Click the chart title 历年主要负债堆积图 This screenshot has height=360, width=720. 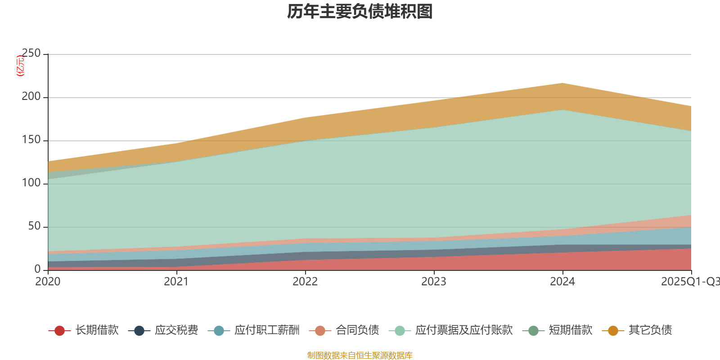point(360,12)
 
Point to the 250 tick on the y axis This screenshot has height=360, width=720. point(31,54)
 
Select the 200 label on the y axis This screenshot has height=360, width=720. point(31,97)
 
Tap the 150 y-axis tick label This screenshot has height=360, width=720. point(31,140)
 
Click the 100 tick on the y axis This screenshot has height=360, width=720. point(31,183)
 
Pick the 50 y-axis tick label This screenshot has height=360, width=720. point(34,226)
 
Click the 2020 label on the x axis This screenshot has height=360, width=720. point(48,282)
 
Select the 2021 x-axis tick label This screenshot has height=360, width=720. point(176,282)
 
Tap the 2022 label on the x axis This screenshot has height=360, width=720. point(305,282)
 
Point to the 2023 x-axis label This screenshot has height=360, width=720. point(434,282)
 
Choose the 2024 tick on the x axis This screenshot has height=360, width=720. point(562,282)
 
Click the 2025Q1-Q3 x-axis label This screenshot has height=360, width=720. point(689,282)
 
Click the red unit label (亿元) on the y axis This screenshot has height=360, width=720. point(20,66)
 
